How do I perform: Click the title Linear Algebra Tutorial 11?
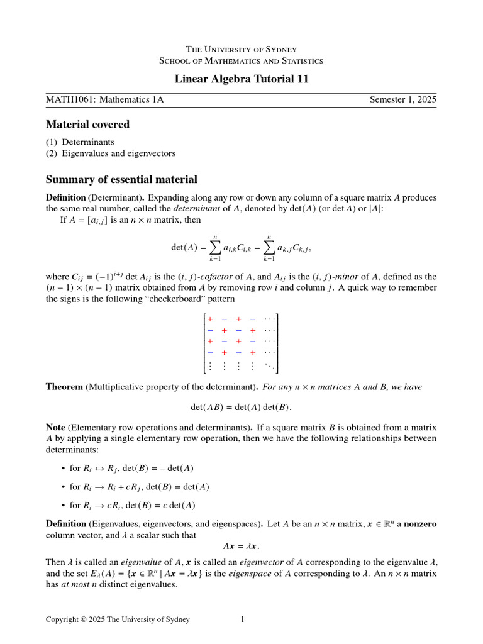[241, 79]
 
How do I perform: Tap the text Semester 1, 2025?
[402, 99]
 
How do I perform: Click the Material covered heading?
[87, 125]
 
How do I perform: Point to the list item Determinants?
[87, 142]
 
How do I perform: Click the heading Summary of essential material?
[121, 179]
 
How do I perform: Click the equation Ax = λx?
[241, 545]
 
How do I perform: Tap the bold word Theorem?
[64, 387]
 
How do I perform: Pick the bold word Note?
[55, 427]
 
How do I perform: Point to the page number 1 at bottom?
[242, 619]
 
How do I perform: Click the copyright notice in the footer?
[118, 620]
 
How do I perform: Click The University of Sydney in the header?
[241, 49]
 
